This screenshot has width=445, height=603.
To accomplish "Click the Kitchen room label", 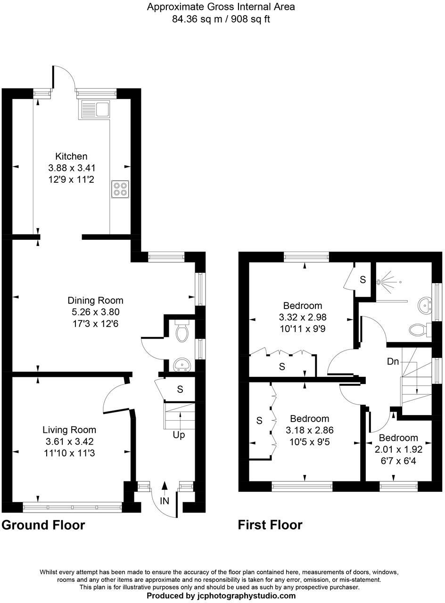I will tap(71, 156).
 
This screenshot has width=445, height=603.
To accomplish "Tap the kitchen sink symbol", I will tap(95, 109).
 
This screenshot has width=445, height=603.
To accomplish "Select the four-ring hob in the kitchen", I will tap(120, 189).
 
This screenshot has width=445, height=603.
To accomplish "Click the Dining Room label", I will tap(95, 301).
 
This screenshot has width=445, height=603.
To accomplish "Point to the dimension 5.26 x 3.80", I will tap(95, 312).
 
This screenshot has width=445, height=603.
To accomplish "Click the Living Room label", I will tap(69, 430).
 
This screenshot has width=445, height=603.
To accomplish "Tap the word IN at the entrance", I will tap(165, 501).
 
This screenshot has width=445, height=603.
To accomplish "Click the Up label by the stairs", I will tap(179, 435).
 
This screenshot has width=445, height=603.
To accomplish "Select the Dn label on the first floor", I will tap(393, 362).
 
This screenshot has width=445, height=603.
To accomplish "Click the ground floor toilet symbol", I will tap(181, 332).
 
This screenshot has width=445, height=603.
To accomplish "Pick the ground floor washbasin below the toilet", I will tap(181, 364).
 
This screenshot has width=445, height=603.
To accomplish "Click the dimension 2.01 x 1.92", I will tap(398, 449).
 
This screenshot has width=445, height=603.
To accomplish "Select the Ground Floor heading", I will tap(43, 525).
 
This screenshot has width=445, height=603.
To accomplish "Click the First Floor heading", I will tap(270, 525).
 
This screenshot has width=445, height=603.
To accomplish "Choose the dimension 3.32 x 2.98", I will tap(303, 317).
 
